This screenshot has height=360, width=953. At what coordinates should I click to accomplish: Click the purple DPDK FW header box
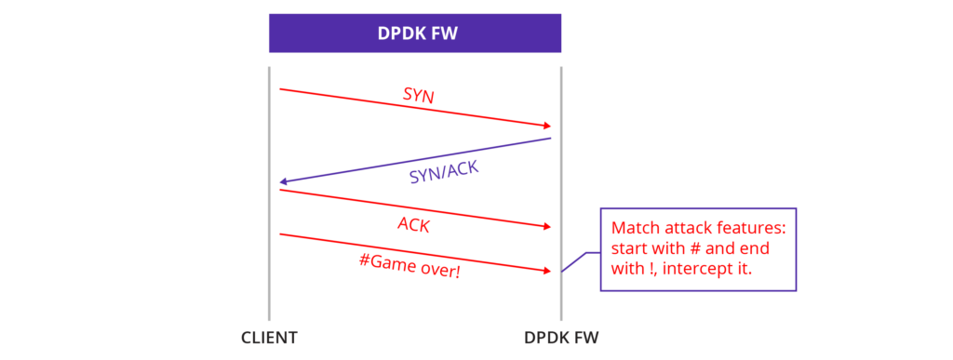point(415,33)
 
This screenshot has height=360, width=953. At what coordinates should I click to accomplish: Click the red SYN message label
point(418,95)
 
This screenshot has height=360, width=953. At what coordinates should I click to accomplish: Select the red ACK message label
point(413,224)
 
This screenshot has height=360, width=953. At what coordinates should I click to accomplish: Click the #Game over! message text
point(409,266)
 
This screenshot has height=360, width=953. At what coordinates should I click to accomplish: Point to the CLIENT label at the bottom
point(269,338)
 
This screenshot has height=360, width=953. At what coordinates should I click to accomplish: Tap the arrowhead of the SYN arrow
point(547,126)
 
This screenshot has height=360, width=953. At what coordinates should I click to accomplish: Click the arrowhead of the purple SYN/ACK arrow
point(285,181)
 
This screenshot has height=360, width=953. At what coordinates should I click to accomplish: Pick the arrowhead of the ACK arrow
point(547,227)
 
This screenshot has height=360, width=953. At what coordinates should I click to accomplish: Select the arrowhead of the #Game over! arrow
point(547,271)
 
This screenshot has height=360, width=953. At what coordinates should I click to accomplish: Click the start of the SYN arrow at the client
point(282,89)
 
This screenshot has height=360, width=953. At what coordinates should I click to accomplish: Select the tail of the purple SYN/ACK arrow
point(549,140)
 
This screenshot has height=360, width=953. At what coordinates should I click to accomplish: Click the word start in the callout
point(628,249)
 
